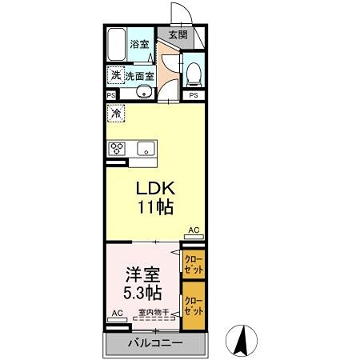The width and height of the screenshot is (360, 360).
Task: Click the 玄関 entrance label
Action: point(178,35)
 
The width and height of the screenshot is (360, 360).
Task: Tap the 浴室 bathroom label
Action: point(141,44)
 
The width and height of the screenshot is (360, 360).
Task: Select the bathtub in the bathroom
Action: point(118,45)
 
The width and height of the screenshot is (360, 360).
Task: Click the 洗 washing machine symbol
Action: point(116,75)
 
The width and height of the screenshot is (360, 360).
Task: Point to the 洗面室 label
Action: point(139,76)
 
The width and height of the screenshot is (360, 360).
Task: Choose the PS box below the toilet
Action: point(193,96)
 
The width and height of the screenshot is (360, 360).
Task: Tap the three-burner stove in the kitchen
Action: point(119,148)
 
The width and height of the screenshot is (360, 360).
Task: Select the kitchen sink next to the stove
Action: point(147,148)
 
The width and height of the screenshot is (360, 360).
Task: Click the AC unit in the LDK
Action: point(194,234)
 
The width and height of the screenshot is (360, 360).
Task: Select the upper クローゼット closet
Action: point(193,263)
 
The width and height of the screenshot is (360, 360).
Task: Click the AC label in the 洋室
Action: point(116,314)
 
